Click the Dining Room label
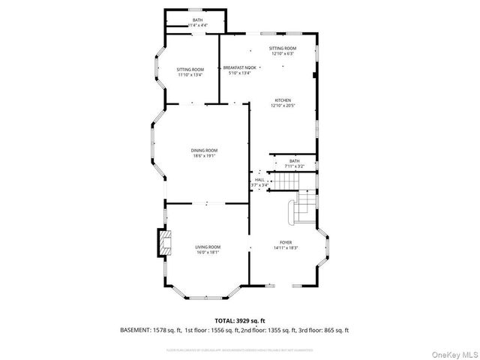pos(204,151)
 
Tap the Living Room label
pos(208,247)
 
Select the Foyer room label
pos(286,242)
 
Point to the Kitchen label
pos(282,100)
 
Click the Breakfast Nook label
pos(239,67)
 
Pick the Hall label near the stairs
pos(259,180)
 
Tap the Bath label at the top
pos(197,20)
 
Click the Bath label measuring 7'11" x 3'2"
pos(294,163)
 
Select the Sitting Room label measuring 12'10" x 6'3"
pos(283,50)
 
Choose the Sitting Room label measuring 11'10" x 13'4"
pos(190,72)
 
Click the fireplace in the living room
pos(163,242)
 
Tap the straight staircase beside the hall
pos(286,181)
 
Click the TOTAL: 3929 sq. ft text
pos(235,320)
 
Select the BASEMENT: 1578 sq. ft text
pos(149,330)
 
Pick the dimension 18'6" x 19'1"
pos(204,155)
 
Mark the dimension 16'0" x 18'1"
pos(208,252)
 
